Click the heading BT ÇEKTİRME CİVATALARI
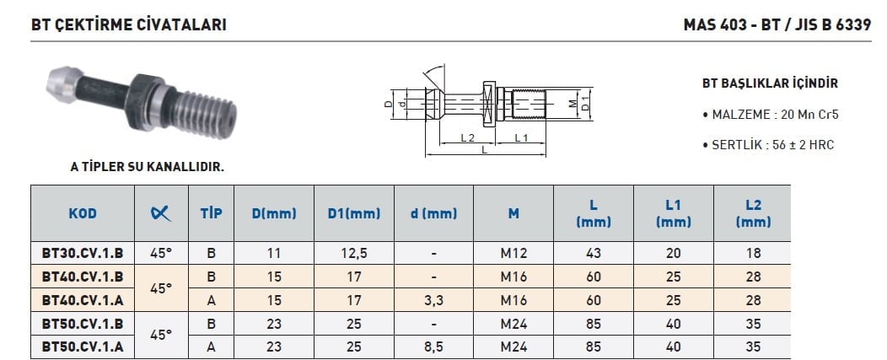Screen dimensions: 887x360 [x=129, y=25]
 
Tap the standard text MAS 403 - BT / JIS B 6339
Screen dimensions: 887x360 [x=777, y=25]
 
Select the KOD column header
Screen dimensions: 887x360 [x=83, y=213]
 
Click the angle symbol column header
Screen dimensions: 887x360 [x=161, y=212]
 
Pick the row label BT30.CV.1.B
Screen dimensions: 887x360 [x=83, y=253]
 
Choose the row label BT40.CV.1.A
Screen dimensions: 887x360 [x=83, y=300]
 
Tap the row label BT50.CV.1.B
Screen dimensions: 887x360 [x=83, y=324]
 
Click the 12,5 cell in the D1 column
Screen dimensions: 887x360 [x=354, y=254]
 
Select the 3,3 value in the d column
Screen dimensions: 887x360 [x=434, y=301]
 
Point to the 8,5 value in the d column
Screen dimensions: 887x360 [x=434, y=347]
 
